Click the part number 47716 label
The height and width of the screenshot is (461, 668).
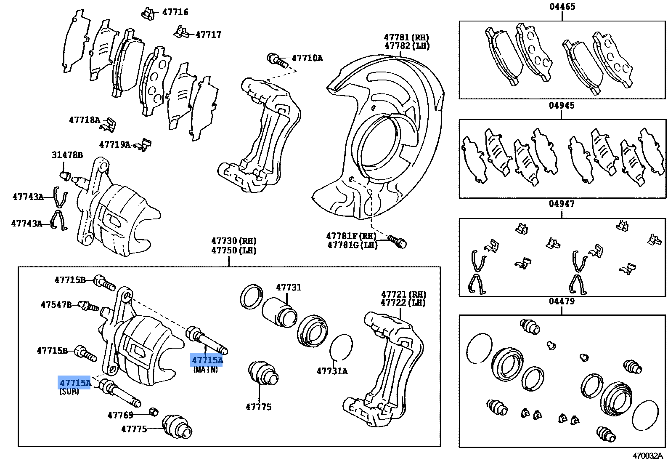tap(175, 12)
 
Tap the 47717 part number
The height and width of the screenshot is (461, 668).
tap(208, 35)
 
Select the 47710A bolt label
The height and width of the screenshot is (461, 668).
tap(307, 58)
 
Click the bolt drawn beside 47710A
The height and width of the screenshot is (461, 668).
tap(277, 60)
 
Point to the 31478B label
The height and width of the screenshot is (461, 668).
tap(67, 155)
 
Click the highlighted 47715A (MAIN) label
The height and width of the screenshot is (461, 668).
tap(207, 360)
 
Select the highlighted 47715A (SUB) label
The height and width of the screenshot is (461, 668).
tap(75, 383)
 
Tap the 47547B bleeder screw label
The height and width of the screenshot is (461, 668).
tap(56, 305)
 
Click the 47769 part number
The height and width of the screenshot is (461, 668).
tap(120, 415)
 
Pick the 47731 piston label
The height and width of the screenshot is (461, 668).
tap(289, 288)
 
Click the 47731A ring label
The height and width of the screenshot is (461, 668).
tap(332, 371)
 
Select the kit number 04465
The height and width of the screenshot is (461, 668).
tap(562, 7)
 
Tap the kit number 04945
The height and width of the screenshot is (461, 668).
tap(562, 105)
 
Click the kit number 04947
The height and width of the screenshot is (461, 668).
tap(562, 204)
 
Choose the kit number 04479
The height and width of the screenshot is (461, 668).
tap(562, 301)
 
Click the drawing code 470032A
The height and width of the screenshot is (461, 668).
tap(647, 456)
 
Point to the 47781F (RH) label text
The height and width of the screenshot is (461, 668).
tap(351, 236)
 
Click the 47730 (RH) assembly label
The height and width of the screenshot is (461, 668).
tap(234, 241)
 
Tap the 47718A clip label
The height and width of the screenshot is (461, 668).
tap(85, 120)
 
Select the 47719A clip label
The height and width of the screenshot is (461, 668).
tap(115, 145)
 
